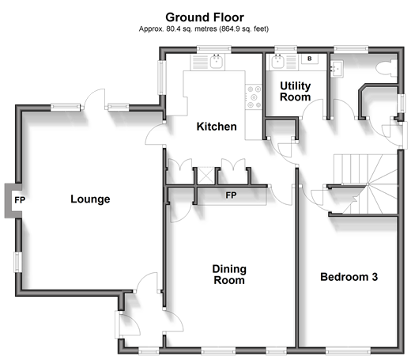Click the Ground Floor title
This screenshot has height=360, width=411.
pos(205,17)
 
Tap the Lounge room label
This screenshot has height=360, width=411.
pos(90,199)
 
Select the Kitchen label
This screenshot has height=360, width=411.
pos(217,127)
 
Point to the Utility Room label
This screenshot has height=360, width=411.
pos(296,91)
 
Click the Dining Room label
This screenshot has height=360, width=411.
pos(229,275)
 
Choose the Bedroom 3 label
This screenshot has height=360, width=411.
pos(349,277)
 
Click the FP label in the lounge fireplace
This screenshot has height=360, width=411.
pos(20,200)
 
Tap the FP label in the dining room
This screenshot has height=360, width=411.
pos(231,195)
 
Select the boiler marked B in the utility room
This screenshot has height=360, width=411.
pos(310,59)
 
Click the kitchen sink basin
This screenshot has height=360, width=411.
pos(217,62)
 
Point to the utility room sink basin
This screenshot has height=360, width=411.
pos(277,62)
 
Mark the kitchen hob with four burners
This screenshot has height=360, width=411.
pos(254,97)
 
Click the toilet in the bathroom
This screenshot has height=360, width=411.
pos(386,68)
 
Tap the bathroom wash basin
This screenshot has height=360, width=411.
pos(337,69)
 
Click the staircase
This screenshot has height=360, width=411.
pos(365,184)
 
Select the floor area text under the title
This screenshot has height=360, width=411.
pos(204,28)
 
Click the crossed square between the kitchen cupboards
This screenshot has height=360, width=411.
pos(205,176)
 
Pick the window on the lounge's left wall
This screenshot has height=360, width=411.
pos(17,262)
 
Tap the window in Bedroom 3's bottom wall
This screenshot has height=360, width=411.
pos(348,351)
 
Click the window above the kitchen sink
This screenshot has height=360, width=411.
pos(214,49)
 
